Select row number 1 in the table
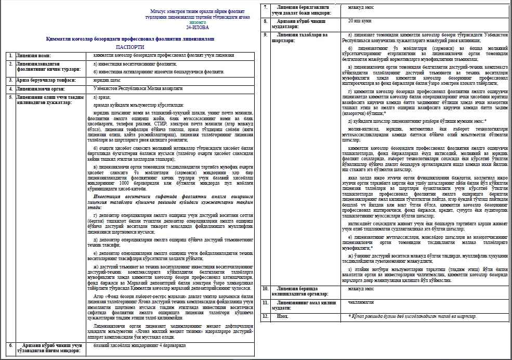pos(8,55)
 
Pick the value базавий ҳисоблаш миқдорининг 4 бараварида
pos(138,345)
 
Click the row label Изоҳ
pos(282,316)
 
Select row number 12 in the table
pos(267,316)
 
